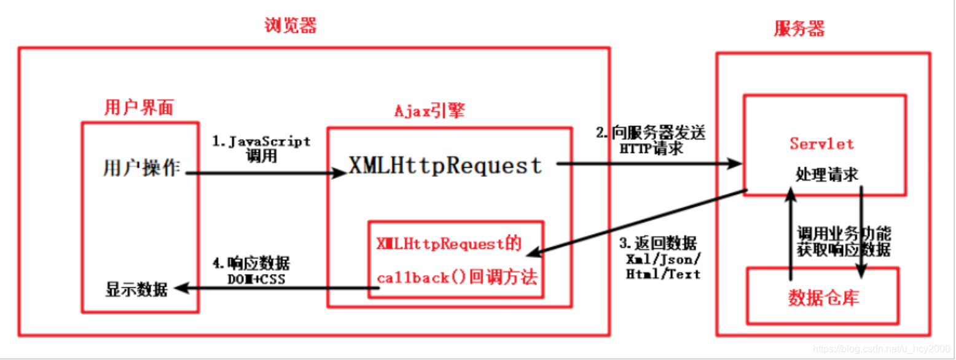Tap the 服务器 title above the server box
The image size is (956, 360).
799,29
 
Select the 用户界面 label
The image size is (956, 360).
139,108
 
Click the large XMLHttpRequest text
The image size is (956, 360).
445,165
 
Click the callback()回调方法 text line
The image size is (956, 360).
457,276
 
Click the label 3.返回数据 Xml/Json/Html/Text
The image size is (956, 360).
663,257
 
